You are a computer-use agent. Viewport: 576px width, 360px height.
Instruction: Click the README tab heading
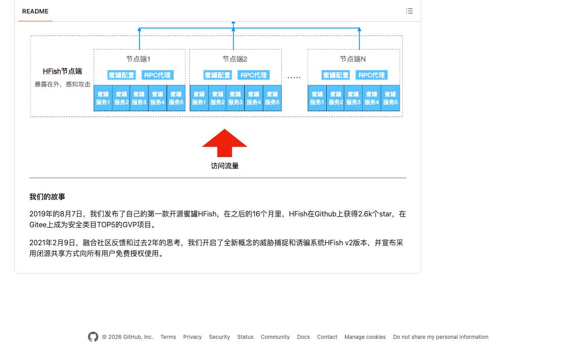click(35, 11)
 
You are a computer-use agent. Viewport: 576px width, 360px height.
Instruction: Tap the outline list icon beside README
click(409, 11)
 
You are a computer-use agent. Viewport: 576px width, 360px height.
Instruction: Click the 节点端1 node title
click(138, 59)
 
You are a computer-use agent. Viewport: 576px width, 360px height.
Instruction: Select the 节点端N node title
click(352, 59)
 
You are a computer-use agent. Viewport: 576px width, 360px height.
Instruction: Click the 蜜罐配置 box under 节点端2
click(217, 75)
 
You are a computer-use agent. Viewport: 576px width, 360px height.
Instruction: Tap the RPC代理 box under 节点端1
click(157, 75)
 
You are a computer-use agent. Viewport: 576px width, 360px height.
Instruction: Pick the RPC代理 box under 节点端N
click(372, 75)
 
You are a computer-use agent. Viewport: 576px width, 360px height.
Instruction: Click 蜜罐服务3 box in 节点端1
click(139, 98)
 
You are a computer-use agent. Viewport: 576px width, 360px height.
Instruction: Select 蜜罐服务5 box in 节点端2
click(272, 98)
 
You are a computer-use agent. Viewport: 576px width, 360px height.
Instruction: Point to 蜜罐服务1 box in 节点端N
click(317, 98)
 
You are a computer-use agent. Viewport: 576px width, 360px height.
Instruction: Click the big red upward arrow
click(225, 143)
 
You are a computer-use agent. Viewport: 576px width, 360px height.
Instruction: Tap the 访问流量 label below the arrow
click(225, 166)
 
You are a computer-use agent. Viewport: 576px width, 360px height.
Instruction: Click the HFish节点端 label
click(62, 71)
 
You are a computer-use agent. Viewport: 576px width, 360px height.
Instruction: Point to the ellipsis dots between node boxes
click(294, 77)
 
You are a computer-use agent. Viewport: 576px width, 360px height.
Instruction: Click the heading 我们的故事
click(47, 197)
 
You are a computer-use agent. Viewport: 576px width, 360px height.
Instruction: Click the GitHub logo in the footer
click(93, 337)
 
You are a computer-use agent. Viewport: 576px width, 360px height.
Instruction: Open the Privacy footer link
click(192, 337)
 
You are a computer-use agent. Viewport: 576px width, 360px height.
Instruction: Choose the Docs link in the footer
click(303, 337)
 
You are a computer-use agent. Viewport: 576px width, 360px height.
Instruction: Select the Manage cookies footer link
click(365, 337)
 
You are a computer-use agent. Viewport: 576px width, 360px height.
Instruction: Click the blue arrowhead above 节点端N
click(360, 29)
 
